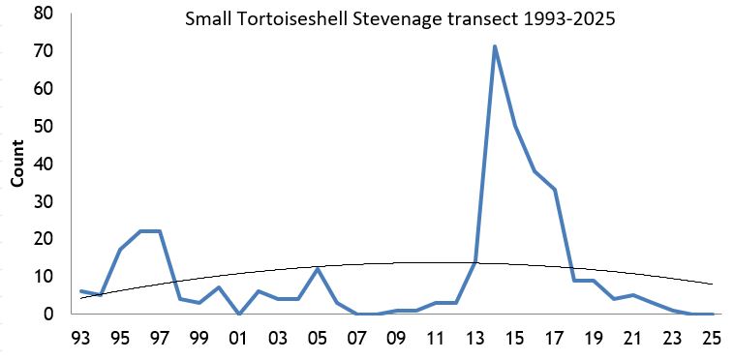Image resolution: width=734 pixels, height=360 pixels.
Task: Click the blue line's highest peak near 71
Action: tap(495, 46)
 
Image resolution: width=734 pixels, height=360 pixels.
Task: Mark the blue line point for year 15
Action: tap(514, 126)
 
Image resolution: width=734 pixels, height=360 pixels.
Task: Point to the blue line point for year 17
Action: tap(554, 190)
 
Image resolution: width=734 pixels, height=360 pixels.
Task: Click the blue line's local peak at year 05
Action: tap(318, 268)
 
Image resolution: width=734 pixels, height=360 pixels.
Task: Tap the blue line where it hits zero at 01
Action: tap(239, 314)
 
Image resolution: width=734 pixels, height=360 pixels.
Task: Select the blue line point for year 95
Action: tap(120, 250)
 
